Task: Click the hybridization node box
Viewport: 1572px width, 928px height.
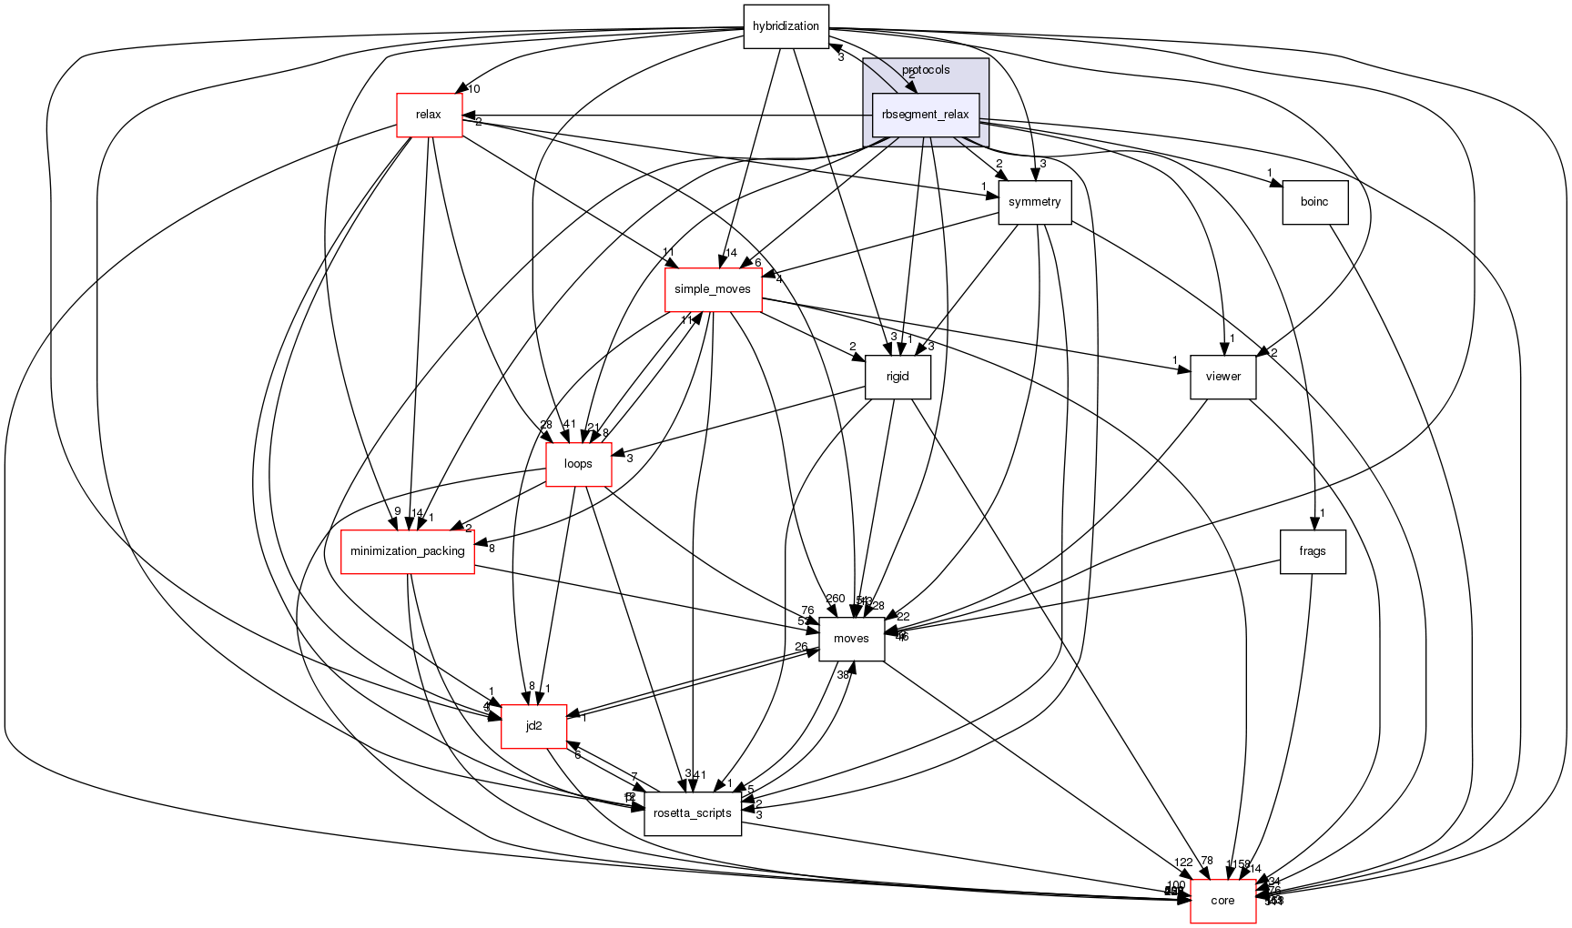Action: [x=786, y=26]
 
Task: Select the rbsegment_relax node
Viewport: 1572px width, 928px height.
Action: [x=925, y=116]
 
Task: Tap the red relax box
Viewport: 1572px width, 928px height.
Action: [x=429, y=115]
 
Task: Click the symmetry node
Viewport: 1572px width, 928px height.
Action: [x=1034, y=202]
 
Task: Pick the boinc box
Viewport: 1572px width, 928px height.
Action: [x=1313, y=202]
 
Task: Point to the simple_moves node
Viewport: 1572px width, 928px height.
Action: [x=713, y=289]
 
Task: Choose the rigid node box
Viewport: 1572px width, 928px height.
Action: [x=898, y=377]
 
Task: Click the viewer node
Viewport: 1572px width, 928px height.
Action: [x=1222, y=377]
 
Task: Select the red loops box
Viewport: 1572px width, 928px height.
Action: [x=578, y=464]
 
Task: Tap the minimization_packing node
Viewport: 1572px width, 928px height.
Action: [x=407, y=551]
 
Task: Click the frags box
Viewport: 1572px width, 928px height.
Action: [x=1312, y=551]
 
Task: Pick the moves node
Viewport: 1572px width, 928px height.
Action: [x=851, y=639]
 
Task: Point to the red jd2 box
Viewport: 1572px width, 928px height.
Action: [x=534, y=726]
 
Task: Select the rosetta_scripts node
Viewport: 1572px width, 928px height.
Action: [x=692, y=813]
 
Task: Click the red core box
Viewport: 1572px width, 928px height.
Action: [x=1222, y=901]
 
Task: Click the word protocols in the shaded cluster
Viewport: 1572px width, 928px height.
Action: [x=926, y=70]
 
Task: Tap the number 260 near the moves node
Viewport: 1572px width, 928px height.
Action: [x=835, y=599]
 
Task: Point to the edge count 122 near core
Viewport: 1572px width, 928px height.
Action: [x=1182, y=862]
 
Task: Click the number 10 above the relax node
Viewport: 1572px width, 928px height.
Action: [x=473, y=89]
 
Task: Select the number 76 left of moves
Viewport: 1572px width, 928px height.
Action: [x=807, y=610]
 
